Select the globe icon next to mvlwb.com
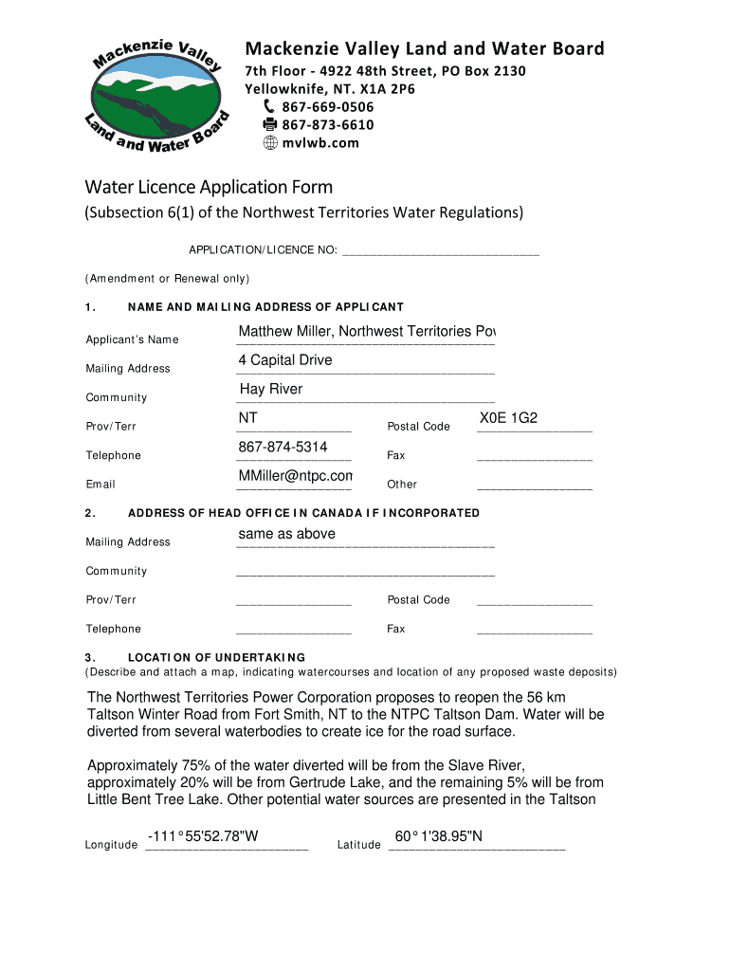(269, 143)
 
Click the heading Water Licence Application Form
(209, 187)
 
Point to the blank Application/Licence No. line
(440, 249)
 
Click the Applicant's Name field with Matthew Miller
(366, 332)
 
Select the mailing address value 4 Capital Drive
(285, 360)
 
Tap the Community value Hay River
(271, 390)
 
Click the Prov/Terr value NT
(248, 418)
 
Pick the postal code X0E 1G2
(509, 418)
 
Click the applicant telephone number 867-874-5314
(283, 447)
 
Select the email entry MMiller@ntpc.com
(295, 476)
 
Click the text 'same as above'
(286, 534)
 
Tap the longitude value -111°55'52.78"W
(203, 836)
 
